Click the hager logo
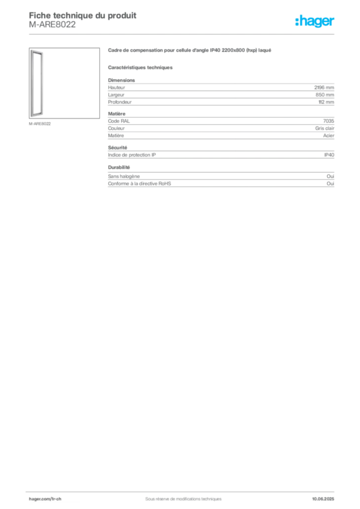[x=315, y=21]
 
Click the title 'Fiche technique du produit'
[x=83, y=15]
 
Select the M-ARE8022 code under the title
[x=52, y=24]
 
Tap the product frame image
[x=37, y=84]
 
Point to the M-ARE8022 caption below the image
[x=40, y=124]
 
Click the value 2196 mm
[x=324, y=87]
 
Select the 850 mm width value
[x=325, y=95]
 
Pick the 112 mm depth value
[x=326, y=102]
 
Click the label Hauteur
[x=116, y=87]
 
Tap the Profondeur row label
[x=120, y=102]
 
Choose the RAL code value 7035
[x=329, y=121]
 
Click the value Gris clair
[x=325, y=128]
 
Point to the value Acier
[x=329, y=135]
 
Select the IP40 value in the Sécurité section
[x=329, y=155]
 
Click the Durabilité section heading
[x=119, y=167]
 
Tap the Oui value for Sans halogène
[x=330, y=176]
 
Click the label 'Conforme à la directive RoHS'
[x=139, y=183]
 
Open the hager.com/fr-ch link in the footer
[x=45, y=499]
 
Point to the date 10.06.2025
[x=323, y=499]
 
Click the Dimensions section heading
[x=121, y=80]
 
